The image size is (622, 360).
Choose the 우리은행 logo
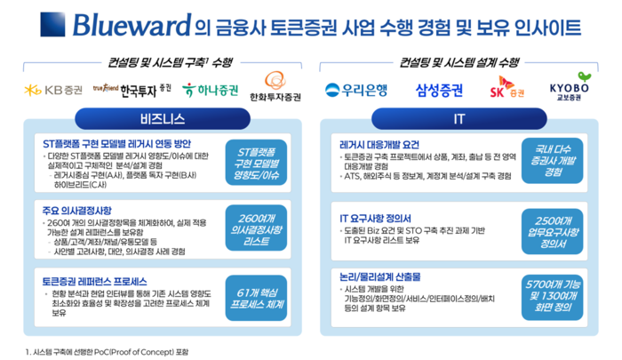pyautogui.click(x=354, y=90)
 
